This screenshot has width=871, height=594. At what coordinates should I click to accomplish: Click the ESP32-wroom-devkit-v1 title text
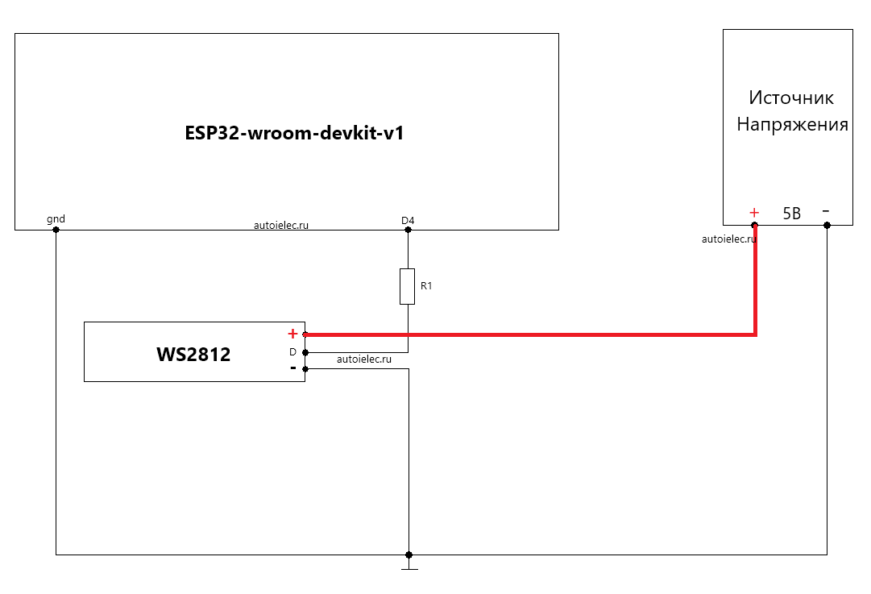tap(294, 133)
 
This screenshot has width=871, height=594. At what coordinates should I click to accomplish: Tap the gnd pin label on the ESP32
tap(56, 219)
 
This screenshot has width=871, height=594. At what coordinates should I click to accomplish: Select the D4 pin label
tap(408, 221)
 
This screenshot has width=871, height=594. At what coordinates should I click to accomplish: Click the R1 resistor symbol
tap(407, 286)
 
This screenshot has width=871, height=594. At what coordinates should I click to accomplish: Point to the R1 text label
tap(426, 285)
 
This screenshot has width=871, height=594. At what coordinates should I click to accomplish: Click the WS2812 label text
tap(193, 355)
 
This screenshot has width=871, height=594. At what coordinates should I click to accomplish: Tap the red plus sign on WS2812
tap(292, 334)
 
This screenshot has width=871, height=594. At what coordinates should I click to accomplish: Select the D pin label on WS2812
tap(292, 351)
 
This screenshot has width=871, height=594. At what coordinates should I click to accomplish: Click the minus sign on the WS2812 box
tap(292, 368)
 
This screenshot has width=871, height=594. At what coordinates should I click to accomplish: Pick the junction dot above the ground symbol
tap(409, 555)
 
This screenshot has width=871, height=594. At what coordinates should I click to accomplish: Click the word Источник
tap(791, 98)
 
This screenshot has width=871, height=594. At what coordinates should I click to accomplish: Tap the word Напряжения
tap(792, 124)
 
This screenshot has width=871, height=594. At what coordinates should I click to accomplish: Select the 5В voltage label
tap(791, 214)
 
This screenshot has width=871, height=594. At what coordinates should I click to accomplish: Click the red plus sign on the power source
tap(754, 212)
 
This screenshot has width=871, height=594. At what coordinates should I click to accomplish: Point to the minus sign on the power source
tap(826, 210)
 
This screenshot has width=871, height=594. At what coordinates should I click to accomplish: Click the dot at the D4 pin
tap(408, 230)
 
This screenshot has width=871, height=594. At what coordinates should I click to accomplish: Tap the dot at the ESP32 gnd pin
tap(56, 230)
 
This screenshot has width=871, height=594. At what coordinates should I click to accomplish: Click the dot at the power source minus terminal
tap(827, 225)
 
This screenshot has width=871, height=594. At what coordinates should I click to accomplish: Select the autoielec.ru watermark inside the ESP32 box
tap(281, 225)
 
